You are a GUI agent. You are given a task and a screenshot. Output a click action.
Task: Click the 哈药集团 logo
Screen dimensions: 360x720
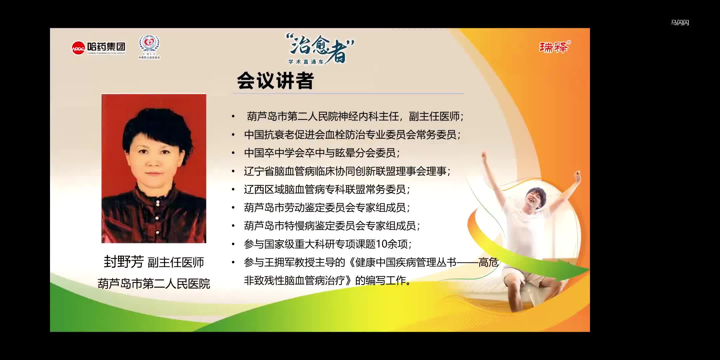(98, 48)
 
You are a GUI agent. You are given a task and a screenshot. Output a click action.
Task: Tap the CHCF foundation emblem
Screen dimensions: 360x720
(149, 47)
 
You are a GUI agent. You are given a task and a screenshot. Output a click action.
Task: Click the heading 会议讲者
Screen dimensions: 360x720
(275, 81)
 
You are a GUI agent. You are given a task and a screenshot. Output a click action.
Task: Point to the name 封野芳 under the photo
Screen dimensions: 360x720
(124, 262)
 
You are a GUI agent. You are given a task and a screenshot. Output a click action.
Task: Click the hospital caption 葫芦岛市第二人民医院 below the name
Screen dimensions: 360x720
(154, 284)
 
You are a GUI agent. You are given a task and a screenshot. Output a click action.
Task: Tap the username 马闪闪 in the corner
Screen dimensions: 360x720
(680, 23)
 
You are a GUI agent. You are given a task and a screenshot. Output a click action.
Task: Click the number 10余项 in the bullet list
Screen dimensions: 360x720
(392, 244)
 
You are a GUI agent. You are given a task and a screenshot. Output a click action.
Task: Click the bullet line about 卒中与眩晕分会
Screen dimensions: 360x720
(322, 153)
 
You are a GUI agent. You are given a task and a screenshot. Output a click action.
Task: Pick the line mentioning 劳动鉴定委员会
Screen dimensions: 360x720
(327, 208)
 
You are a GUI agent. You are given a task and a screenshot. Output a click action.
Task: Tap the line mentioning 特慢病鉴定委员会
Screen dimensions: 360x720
(332, 226)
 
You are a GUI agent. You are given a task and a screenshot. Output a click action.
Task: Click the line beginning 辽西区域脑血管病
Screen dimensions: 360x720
(327, 190)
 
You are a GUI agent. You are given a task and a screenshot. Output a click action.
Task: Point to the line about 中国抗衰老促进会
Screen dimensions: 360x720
(352, 135)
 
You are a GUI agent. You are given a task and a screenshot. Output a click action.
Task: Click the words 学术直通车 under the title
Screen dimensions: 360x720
(306, 62)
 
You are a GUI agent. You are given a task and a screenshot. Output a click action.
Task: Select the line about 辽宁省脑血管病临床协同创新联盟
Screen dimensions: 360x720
(347, 171)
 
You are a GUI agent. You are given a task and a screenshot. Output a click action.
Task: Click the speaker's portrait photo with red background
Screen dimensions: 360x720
(154, 168)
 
